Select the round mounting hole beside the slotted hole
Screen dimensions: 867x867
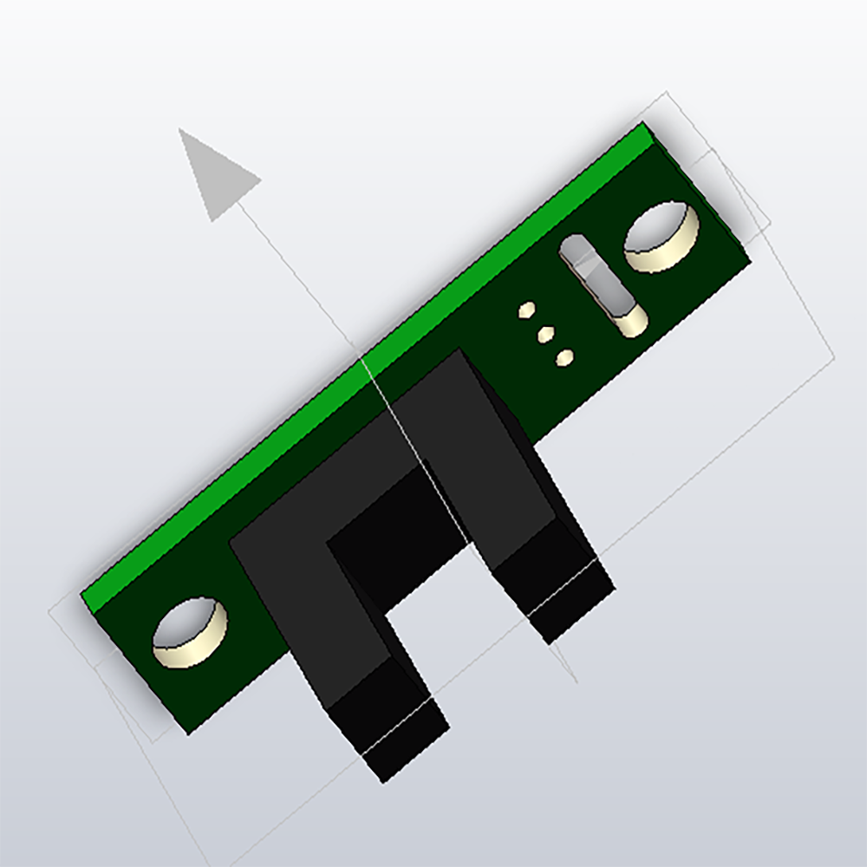(661, 237)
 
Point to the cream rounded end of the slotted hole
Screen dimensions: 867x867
(630, 322)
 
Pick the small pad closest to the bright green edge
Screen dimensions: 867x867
(526, 310)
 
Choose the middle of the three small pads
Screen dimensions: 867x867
(544, 333)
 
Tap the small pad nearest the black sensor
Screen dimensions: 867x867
(564, 356)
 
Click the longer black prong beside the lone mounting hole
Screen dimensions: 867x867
(338, 633)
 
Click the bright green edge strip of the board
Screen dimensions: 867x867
(364, 364)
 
